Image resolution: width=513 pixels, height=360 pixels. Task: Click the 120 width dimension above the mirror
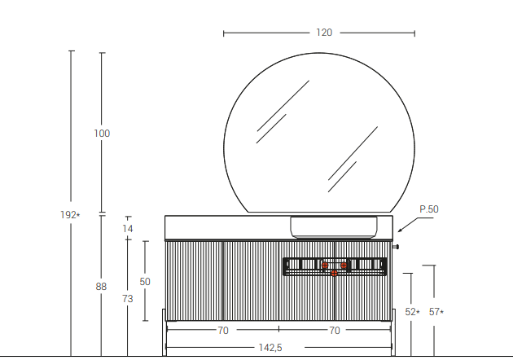point(324,33)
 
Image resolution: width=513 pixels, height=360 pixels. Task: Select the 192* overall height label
point(70,215)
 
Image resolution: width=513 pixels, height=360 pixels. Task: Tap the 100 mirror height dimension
point(102,134)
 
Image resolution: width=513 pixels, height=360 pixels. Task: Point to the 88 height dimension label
point(101,287)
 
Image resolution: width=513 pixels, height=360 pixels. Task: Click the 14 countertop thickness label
point(128,229)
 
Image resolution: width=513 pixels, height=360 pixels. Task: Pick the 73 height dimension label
point(128,299)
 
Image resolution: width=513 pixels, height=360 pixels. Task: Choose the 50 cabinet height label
point(145,282)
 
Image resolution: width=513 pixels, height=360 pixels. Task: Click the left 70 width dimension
point(223,331)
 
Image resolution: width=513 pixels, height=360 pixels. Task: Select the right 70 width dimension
point(335,331)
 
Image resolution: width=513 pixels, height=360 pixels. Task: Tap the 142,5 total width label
point(270,348)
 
